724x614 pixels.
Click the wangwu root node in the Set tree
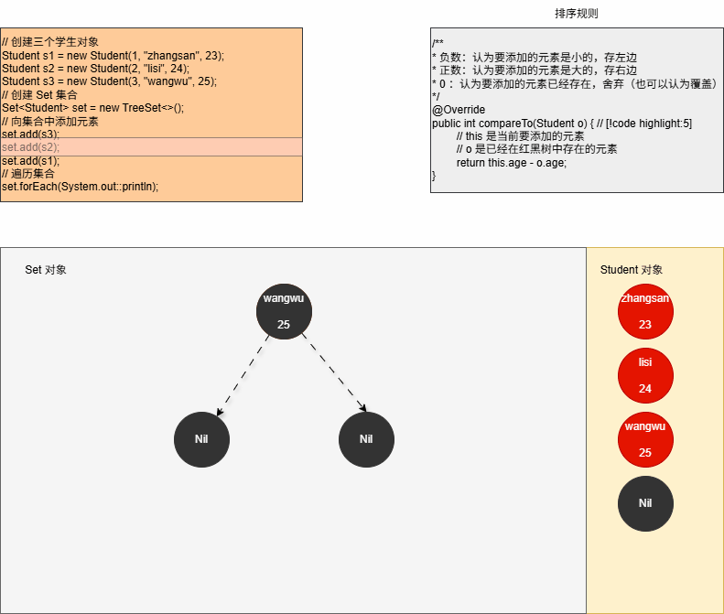click(x=284, y=311)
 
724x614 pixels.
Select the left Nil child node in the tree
click(x=201, y=439)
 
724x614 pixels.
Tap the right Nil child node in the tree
click(x=366, y=439)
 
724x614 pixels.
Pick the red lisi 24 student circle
click(x=645, y=375)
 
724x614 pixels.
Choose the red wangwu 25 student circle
click(x=645, y=439)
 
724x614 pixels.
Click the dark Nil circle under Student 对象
click(x=645, y=502)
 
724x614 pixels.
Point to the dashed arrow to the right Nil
click(x=333, y=375)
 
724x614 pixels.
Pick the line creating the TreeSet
click(x=92, y=108)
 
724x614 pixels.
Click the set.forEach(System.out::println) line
click(x=81, y=187)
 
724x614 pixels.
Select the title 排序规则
click(x=577, y=14)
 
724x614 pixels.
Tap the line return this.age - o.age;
click(x=513, y=162)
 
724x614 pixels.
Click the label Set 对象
click(x=46, y=270)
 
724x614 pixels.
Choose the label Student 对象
click(x=632, y=270)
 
